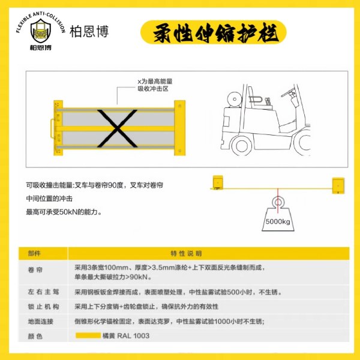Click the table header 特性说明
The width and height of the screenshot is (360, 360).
(187, 253)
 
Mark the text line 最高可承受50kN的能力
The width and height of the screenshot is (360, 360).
(64, 212)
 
